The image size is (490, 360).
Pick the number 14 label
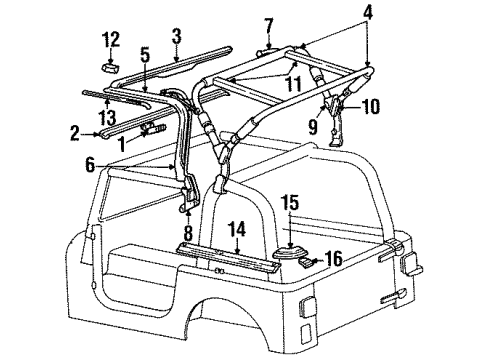pos(237,229)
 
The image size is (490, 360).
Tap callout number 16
pos(335,258)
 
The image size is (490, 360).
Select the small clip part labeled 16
pos(308,262)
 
